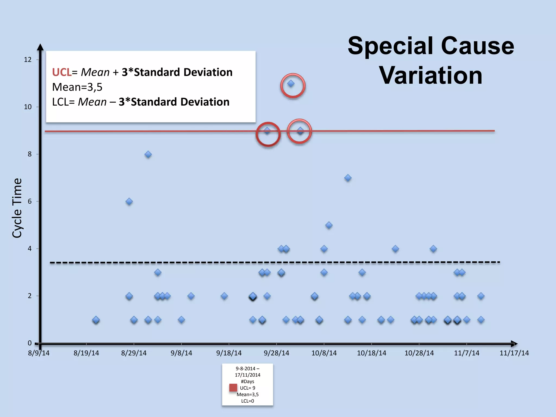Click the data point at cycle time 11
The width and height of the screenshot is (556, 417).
(291, 84)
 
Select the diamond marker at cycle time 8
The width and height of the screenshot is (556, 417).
(148, 154)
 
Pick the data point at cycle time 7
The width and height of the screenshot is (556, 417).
(348, 178)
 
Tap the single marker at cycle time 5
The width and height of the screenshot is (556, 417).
(329, 225)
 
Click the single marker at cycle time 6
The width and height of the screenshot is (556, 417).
(129, 202)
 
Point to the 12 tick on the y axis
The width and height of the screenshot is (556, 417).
(28, 60)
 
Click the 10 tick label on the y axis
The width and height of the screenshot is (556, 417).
(28, 107)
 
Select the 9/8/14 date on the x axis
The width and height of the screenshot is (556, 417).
(181, 353)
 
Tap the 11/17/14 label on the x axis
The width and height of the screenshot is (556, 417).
(514, 353)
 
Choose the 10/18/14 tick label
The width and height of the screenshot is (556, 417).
(371, 353)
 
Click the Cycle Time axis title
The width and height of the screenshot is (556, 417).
(17, 208)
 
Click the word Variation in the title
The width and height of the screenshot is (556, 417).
(431, 75)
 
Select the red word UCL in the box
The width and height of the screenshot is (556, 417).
(62, 72)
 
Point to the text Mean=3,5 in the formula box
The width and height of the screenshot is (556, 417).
(77, 87)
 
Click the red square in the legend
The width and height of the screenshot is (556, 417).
(233, 388)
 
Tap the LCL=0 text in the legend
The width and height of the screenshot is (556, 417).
(248, 401)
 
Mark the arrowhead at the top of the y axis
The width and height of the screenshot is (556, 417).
(40, 47)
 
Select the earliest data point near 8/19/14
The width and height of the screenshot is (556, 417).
(96, 320)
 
